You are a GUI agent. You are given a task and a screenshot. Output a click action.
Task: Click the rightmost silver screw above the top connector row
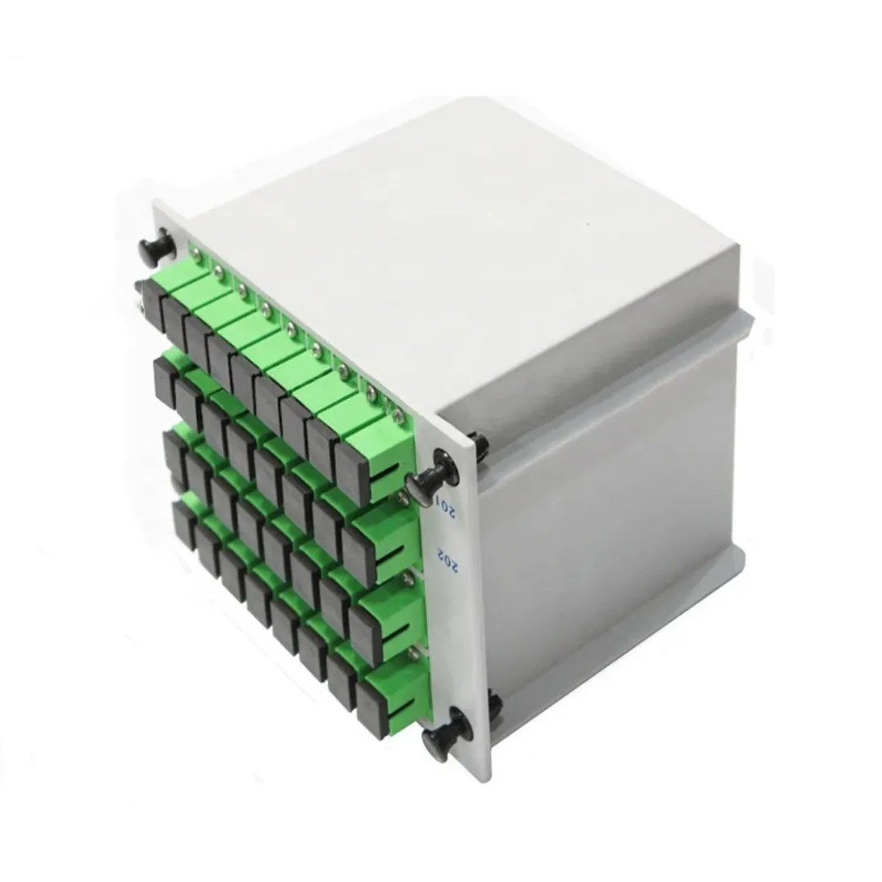pyautogui.click(x=397, y=416)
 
